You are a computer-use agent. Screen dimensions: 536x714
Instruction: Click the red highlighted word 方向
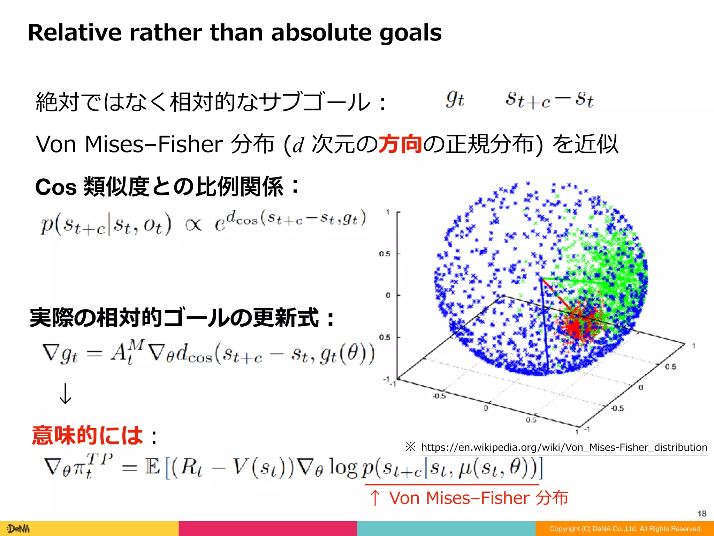click(x=400, y=143)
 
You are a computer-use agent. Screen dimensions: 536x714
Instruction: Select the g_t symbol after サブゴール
click(x=455, y=99)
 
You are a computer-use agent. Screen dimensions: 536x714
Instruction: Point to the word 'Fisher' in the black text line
click(x=190, y=144)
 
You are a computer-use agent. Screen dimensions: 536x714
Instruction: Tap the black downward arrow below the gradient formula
click(x=65, y=394)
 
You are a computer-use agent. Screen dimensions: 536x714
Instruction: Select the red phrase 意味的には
click(x=87, y=435)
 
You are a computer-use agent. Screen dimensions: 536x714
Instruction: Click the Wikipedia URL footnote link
click(x=564, y=447)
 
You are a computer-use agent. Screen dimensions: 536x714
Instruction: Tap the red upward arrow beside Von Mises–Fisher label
click(x=375, y=498)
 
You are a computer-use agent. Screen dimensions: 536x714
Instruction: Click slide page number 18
click(x=701, y=514)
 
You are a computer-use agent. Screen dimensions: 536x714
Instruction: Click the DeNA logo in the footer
click(x=19, y=529)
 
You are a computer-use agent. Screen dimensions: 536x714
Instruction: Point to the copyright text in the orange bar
click(x=625, y=529)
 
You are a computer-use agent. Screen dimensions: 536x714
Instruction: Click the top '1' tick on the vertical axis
click(x=388, y=212)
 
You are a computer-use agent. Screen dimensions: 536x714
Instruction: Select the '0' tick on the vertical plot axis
click(x=388, y=296)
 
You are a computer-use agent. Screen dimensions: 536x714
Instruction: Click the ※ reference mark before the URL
click(x=410, y=447)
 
